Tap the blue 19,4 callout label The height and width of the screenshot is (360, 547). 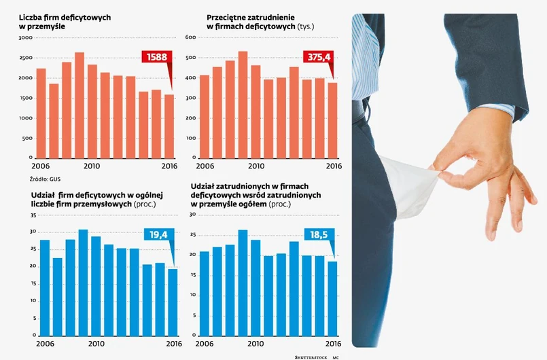click(x=158, y=235)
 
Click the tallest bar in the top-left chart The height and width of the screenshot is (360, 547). click(x=79, y=105)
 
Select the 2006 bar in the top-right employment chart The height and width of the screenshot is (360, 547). click(x=204, y=116)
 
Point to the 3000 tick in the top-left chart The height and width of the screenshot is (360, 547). click(x=26, y=38)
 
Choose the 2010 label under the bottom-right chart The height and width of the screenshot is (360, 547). click(x=255, y=343)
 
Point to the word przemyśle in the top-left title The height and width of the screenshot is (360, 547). click(x=43, y=25)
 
